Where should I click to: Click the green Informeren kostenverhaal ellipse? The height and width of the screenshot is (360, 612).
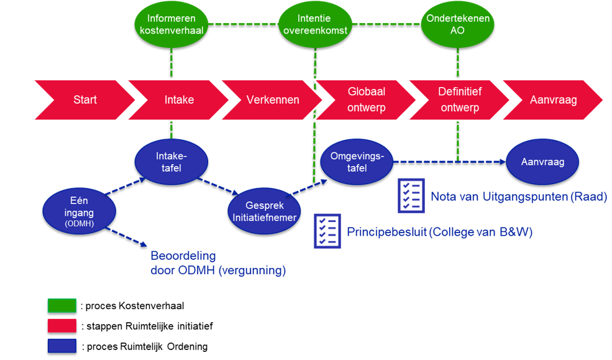(171, 24)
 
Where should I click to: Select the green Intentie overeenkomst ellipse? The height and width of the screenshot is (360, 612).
(316, 24)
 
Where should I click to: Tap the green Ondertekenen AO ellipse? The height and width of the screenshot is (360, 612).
(457, 24)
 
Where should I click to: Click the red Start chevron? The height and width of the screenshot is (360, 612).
(84, 100)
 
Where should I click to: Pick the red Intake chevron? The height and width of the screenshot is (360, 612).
(178, 100)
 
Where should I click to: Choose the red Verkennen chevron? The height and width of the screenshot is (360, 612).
(272, 100)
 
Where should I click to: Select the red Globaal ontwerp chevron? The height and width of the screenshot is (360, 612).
(366, 100)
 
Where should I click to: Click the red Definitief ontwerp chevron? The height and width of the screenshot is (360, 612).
(459, 100)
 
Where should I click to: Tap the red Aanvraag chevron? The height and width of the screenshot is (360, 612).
(553, 100)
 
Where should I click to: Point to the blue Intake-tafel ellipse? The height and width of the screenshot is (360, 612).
(171, 162)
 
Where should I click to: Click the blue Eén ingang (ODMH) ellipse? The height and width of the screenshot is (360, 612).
(80, 211)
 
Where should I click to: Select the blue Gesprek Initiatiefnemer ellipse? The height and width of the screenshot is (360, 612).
(264, 211)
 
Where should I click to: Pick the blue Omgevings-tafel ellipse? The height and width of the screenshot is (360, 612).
(357, 162)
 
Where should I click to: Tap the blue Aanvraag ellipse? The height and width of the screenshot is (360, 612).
(542, 162)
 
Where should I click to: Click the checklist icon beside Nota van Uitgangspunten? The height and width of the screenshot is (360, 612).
(411, 196)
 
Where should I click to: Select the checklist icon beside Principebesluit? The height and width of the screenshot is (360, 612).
(327, 231)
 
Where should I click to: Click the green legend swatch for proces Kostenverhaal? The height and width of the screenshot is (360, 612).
(62, 306)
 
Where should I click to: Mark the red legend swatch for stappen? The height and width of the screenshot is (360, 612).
(62, 326)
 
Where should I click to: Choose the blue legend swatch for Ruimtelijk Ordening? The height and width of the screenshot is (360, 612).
(62, 346)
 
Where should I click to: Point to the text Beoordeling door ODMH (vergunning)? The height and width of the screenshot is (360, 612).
(218, 263)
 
